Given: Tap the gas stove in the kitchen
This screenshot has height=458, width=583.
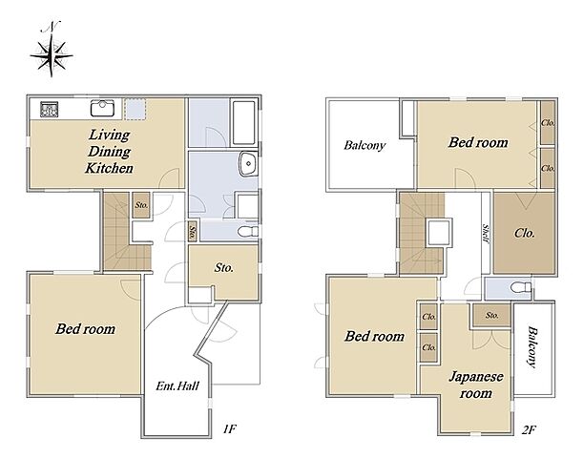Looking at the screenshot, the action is pos(49,110).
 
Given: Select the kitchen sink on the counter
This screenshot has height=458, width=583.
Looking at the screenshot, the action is pos(103,108).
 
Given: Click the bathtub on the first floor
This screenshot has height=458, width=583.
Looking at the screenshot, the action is pos(244,122).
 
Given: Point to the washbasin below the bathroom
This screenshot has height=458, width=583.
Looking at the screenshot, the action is pos(248,164).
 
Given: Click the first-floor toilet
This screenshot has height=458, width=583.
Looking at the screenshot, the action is pos(248,231).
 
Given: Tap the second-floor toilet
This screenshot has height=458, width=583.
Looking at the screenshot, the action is pos(521,287).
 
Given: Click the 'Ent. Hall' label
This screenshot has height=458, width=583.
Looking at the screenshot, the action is pos(177,385).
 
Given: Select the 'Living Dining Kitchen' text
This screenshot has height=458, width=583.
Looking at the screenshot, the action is pos(109,152).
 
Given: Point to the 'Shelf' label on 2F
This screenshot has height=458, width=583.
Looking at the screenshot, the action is pos(486,234).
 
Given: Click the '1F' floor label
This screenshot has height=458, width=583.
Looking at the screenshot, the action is pos(229,429).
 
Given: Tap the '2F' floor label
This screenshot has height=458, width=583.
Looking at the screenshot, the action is pos(529,430).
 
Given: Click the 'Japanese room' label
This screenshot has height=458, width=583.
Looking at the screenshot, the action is pos(476,385).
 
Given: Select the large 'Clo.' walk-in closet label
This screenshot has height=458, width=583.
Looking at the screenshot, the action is pos(525,233).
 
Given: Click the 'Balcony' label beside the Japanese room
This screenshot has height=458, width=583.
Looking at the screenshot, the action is pos(532,347).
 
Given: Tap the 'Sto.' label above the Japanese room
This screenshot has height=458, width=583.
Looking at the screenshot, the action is pos(492,315).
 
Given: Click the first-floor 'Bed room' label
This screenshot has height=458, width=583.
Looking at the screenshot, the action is pos(85,329).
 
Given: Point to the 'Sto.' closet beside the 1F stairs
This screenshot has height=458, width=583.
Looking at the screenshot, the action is pos(141,205).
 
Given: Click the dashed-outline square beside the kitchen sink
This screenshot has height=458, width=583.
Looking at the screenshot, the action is pos(135,109).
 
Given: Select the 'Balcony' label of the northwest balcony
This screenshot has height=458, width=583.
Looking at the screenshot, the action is pos(364,145).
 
